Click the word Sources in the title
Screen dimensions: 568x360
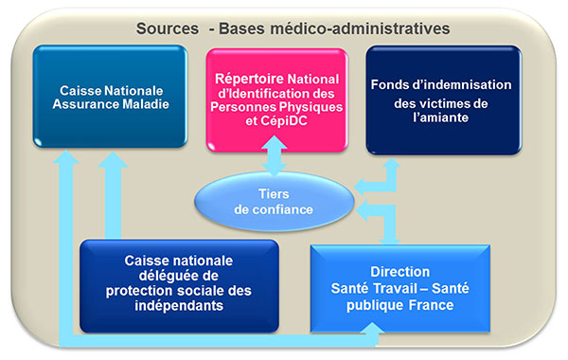[x=168, y=28]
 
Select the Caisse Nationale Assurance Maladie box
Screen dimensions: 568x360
[x=110, y=97]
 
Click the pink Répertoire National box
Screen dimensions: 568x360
[x=276, y=99]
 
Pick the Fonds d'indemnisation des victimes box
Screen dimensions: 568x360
[x=444, y=100]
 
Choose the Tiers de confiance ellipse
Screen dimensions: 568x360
[x=275, y=202]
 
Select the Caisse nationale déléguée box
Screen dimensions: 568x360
[x=179, y=286]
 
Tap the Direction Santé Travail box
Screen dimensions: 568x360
[x=400, y=288]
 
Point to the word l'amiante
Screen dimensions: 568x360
[x=441, y=117]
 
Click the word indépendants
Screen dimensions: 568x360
[x=179, y=306]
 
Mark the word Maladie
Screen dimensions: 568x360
[x=146, y=104]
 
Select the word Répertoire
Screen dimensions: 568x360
[x=249, y=79]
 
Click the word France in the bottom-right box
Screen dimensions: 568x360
[x=431, y=305]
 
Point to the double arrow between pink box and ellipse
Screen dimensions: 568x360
[x=275, y=155]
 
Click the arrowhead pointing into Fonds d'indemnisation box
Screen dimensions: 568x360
[x=391, y=162]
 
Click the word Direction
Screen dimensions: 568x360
[x=399, y=272]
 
